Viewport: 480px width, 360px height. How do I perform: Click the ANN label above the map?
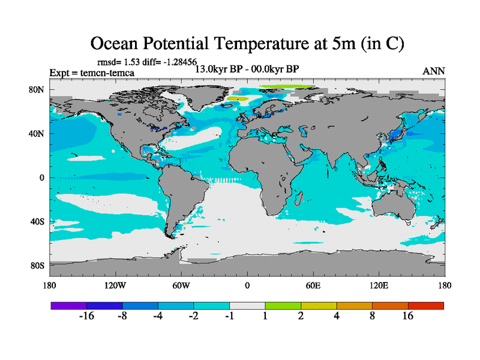(434, 71)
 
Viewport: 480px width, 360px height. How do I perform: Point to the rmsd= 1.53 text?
(118, 61)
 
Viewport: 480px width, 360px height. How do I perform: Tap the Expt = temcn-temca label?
(92, 73)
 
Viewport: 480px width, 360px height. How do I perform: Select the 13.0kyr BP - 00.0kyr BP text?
(247, 69)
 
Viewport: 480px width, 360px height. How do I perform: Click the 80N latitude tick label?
(38, 90)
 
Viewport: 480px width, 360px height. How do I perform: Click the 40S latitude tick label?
(38, 221)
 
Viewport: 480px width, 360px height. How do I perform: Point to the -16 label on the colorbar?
(87, 316)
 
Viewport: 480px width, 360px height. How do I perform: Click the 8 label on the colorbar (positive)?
(373, 316)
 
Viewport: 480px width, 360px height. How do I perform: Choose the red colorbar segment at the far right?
(426, 305)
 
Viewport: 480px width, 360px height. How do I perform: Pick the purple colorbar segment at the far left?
(69, 305)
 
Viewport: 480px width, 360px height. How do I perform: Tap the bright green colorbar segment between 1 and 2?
(283, 305)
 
